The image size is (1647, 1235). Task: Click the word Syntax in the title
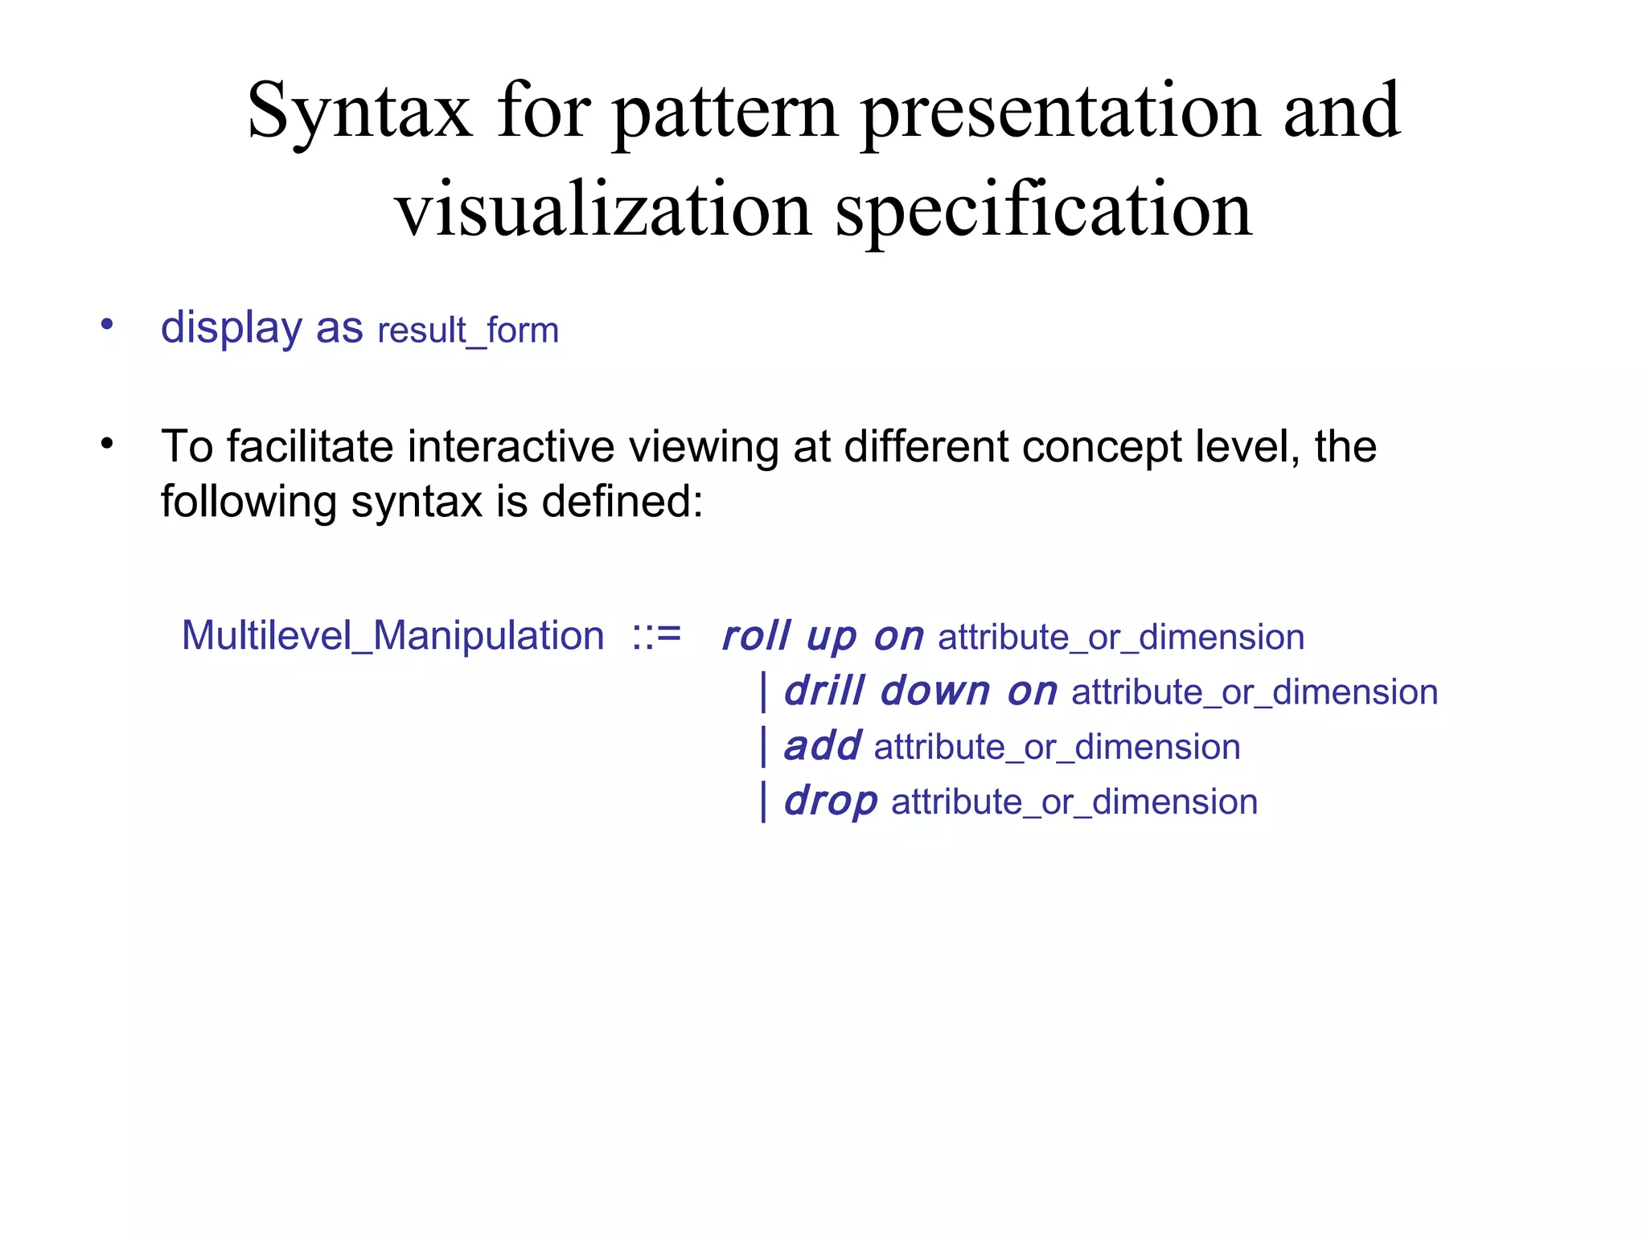[359, 113]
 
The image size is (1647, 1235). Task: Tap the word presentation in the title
[1059, 113]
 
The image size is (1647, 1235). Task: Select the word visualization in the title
[603, 211]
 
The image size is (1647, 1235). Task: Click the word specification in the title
[1043, 211]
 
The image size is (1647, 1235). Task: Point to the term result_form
[468, 330]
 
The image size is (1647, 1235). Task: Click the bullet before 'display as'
[107, 325]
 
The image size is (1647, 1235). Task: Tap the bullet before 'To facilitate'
[107, 443]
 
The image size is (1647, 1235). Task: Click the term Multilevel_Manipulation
[392, 636]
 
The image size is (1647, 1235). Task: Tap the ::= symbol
[656, 635]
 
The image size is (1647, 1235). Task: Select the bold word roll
[756, 636]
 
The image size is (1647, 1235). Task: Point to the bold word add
[822, 746]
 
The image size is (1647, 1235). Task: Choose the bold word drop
[831, 802]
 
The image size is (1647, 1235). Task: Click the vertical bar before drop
[763, 802]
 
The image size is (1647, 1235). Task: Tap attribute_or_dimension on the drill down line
[1254, 692]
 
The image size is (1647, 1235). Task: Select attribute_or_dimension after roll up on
[1120, 638]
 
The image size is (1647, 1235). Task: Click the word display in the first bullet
[231, 328]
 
